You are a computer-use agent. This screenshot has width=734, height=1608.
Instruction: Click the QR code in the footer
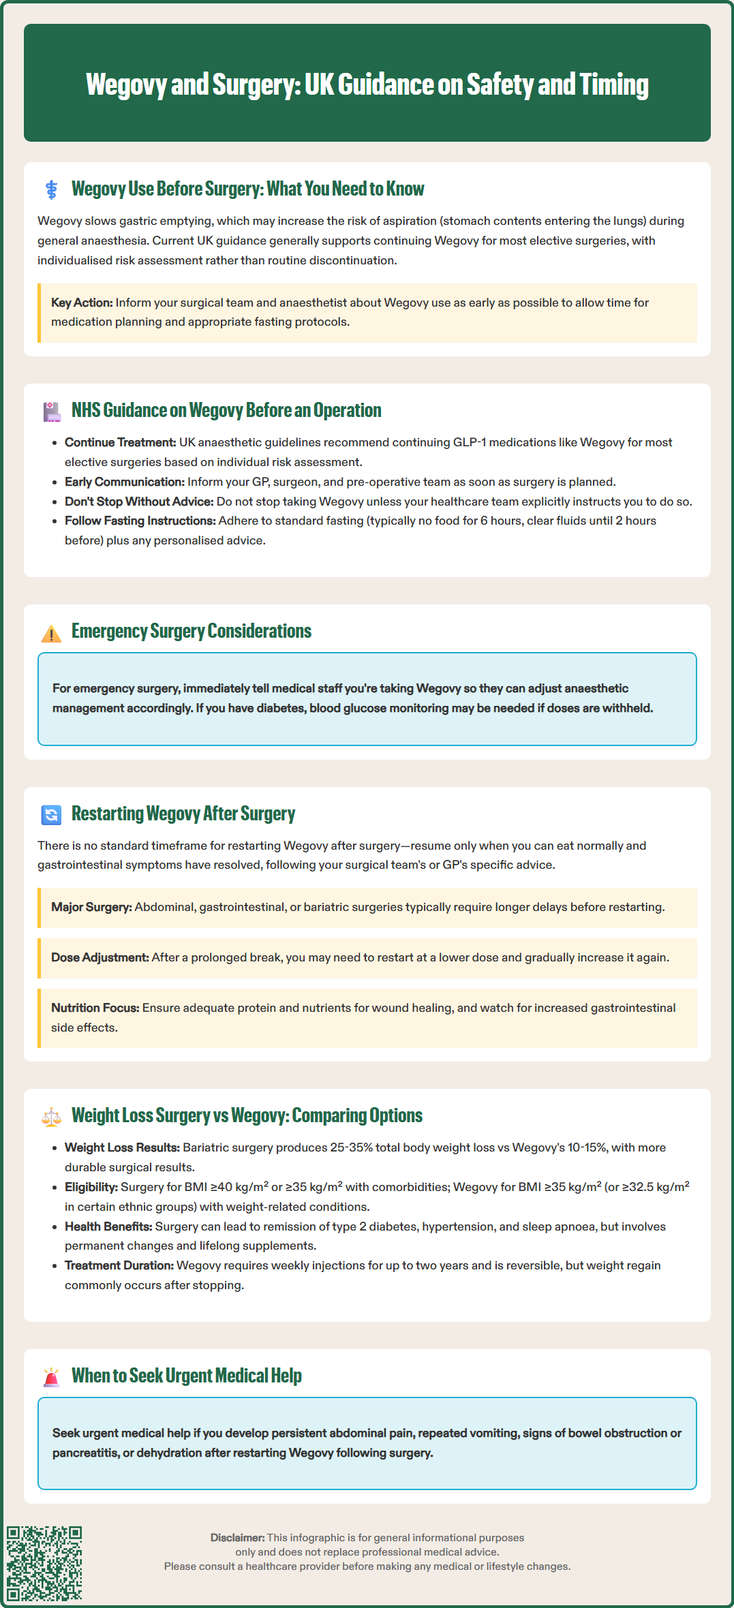click(x=44, y=1563)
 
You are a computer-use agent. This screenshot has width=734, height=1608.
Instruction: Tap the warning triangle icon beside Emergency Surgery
click(x=51, y=633)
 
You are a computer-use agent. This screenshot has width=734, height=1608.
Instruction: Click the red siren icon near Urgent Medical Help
click(x=51, y=1377)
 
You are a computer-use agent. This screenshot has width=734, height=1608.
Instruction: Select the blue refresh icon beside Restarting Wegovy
click(x=51, y=814)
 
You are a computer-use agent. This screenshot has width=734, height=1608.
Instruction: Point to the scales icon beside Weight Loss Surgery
click(x=51, y=1116)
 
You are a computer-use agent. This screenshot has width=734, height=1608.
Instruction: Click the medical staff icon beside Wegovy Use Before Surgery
click(x=51, y=189)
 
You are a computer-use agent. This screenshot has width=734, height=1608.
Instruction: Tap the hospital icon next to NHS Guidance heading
click(x=51, y=411)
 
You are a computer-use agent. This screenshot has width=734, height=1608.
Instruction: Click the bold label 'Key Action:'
click(x=82, y=303)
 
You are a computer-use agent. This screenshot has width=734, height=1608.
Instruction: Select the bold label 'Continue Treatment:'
click(x=120, y=442)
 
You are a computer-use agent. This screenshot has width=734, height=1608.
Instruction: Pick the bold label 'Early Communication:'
click(x=125, y=482)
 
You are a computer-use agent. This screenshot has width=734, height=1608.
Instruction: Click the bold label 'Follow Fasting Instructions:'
click(x=140, y=521)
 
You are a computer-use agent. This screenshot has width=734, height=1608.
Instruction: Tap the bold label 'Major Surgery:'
click(x=91, y=907)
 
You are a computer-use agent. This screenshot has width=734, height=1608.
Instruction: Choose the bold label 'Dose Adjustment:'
click(x=100, y=957)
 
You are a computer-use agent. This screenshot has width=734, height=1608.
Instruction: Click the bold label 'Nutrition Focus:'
click(x=95, y=1008)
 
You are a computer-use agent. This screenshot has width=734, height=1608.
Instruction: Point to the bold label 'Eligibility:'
click(x=91, y=1187)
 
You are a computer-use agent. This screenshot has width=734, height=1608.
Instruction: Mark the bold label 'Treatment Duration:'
click(x=119, y=1265)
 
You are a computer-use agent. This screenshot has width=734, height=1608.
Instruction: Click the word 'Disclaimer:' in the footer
click(x=237, y=1538)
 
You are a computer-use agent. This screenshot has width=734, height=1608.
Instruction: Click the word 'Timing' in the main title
click(x=614, y=84)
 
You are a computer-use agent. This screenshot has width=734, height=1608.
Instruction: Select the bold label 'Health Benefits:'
click(x=108, y=1226)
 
